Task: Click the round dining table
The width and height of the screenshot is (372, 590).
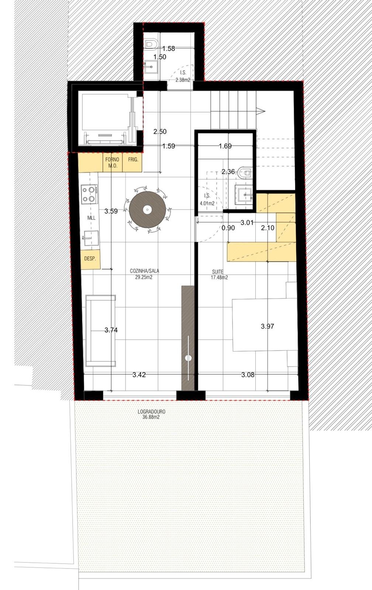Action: click(x=147, y=210)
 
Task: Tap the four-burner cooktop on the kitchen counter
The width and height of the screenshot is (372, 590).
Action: click(x=89, y=194)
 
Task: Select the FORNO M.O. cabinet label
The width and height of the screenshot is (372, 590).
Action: click(x=112, y=163)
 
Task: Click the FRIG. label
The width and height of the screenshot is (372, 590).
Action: click(x=133, y=160)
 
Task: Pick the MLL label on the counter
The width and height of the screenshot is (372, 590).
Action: click(x=91, y=218)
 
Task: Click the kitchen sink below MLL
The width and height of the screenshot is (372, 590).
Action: click(x=90, y=238)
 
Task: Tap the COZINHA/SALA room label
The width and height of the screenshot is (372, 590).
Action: click(x=144, y=274)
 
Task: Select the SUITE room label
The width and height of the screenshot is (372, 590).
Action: click(x=219, y=274)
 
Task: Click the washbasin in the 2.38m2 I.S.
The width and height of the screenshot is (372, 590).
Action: click(x=151, y=67)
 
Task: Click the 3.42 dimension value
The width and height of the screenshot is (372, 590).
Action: click(x=139, y=375)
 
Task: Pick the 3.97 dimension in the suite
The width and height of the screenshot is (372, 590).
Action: click(x=268, y=326)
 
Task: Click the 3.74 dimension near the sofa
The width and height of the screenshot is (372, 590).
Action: click(x=111, y=330)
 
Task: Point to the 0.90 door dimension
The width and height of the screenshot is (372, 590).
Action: click(x=228, y=228)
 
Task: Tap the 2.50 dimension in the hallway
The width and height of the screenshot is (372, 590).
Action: click(x=160, y=131)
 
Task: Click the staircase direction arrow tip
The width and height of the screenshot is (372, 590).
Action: click(x=265, y=111)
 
